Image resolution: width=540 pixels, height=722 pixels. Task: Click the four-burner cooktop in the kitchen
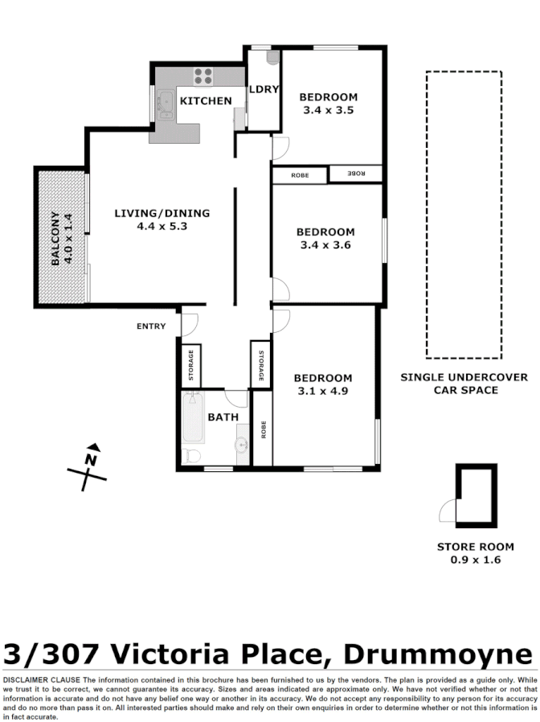coord(203,76)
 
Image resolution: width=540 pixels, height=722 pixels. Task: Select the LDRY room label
coord(263,90)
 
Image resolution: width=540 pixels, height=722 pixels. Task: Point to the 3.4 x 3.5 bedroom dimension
coord(328,110)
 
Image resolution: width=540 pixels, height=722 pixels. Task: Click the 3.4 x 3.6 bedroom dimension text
coord(328,245)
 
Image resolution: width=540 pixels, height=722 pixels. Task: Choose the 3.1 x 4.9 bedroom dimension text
coord(322,392)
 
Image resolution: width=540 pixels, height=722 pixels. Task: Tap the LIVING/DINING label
coord(162,213)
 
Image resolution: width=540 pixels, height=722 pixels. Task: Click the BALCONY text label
coord(55,238)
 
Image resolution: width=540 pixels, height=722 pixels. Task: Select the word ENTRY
coord(151,326)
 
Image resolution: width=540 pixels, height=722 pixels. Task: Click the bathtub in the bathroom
coord(193,418)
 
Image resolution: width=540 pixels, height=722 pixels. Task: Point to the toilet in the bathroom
coord(192,456)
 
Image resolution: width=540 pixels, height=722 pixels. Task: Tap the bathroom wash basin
coord(241,445)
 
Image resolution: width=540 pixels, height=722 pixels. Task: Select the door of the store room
coord(447,510)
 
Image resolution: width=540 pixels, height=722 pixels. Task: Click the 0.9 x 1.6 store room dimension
coord(475,560)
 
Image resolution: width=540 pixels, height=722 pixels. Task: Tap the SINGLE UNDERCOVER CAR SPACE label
coord(464,384)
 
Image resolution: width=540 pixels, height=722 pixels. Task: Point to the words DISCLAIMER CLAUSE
coord(40,680)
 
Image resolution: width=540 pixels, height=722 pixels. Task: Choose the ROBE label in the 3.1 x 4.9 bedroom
coord(263,429)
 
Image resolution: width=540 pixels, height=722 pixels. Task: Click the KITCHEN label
coord(205,101)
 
